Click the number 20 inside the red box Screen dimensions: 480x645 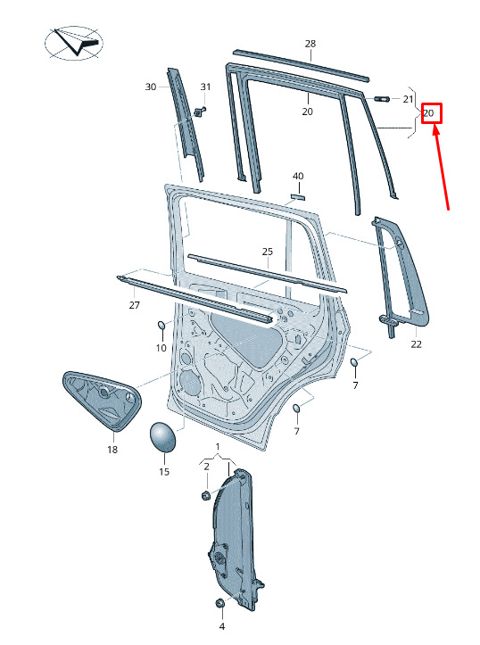[428, 113]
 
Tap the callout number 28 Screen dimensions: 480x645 [310, 43]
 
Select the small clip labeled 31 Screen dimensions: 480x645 [200, 112]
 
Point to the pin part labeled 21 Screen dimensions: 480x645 [382, 99]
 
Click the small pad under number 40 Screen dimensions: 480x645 [298, 196]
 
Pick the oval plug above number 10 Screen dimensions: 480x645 [161, 325]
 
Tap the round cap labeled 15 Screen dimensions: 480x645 [161, 437]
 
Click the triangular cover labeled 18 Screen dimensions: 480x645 [101, 401]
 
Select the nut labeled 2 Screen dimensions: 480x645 [206, 495]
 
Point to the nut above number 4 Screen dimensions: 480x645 [220, 603]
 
